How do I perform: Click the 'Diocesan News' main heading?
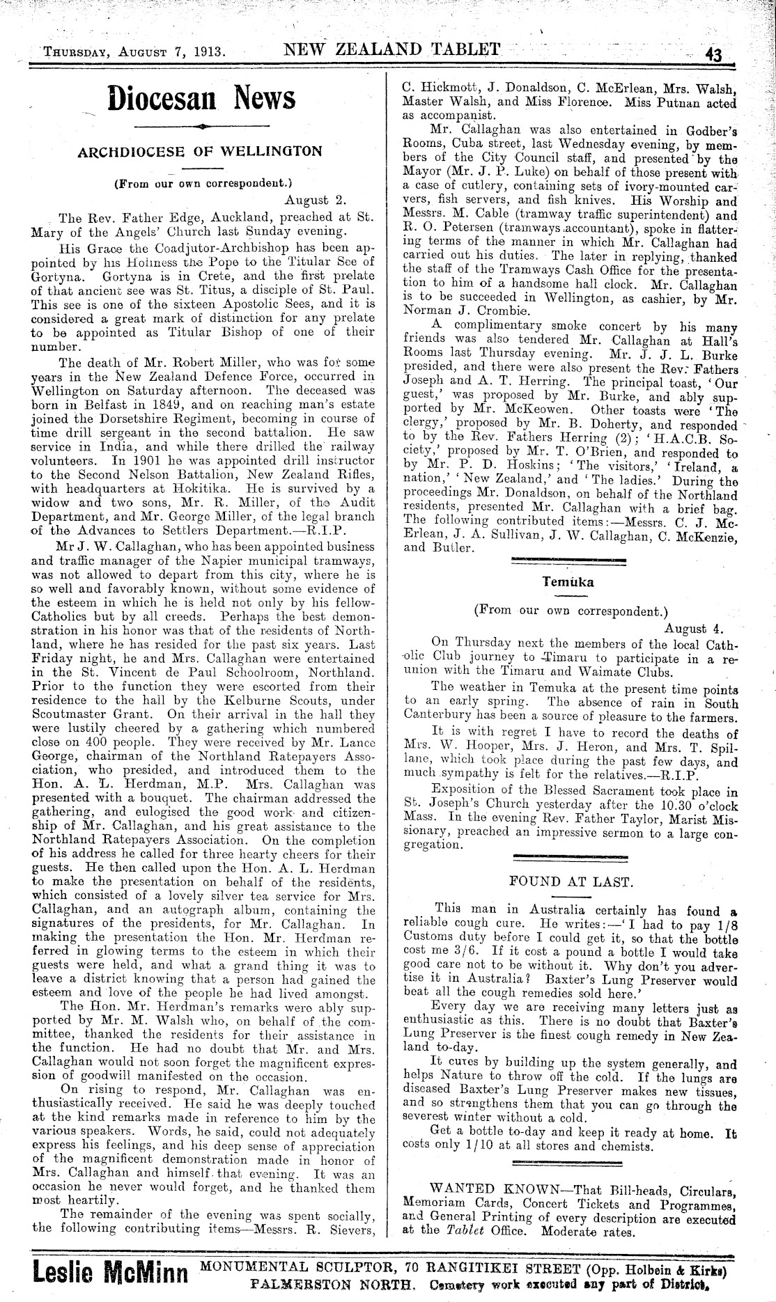(x=201, y=97)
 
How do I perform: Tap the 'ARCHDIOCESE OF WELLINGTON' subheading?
(x=201, y=151)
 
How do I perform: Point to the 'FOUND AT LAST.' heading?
(x=571, y=881)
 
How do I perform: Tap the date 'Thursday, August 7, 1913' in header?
(x=133, y=52)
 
